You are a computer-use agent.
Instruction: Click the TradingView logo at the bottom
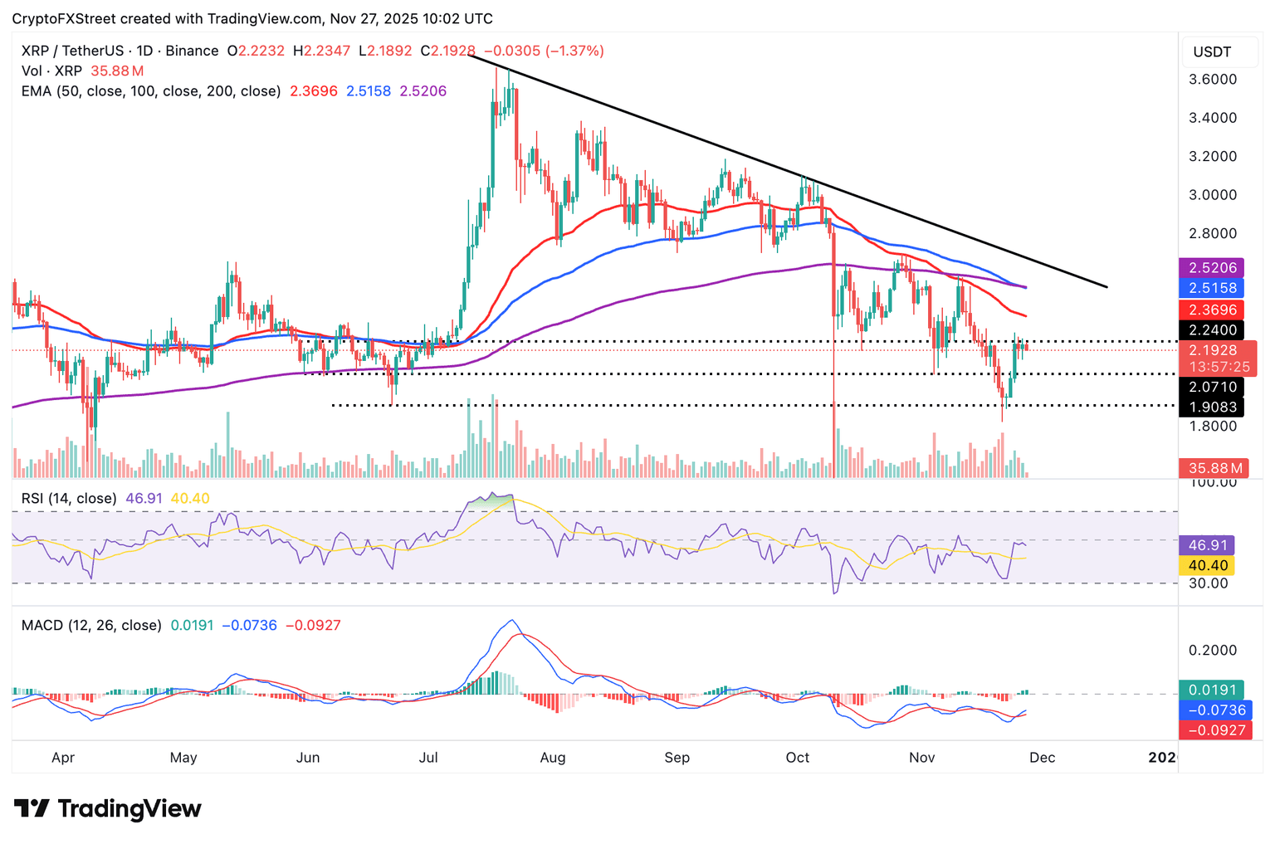pos(108,808)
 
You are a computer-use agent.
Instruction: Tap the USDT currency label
pos(1212,52)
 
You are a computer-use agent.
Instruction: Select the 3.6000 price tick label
pos(1213,80)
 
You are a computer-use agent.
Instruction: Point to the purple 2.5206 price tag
pos(1212,268)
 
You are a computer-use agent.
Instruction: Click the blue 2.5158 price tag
pos(1212,288)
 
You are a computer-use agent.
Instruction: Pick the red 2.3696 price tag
pos(1212,310)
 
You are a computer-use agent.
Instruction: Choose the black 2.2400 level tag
pos(1212,330)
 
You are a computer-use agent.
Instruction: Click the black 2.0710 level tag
pos(1212,387)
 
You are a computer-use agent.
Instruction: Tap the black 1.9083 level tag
pos(1212,407)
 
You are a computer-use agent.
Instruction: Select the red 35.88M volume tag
pos(1212,468)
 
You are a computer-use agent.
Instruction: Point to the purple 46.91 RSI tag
pos(1208,545)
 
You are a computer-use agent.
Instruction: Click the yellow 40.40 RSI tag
pos(1208,565)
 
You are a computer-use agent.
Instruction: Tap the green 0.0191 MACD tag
pos(1212,690)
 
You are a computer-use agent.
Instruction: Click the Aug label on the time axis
pos(552,758)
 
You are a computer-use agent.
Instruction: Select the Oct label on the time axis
pos(797,758)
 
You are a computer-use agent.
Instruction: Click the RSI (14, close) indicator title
pos(69,499)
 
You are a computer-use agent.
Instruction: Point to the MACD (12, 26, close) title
pos(91,625)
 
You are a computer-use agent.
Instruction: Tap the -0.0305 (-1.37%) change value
pos(544,51)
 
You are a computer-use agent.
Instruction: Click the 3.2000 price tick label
pos(1213,157)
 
